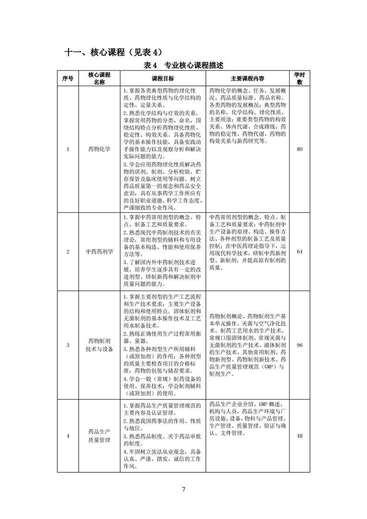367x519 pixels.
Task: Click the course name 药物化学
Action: (100, 149)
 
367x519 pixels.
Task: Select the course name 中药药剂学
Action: (100, 252)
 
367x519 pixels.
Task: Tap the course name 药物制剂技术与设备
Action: (100, 345)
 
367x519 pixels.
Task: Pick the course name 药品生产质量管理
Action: (100, 436)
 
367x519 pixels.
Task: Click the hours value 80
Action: (299, 149)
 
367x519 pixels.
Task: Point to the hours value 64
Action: (299, 252)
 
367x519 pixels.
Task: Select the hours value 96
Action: (299, 345)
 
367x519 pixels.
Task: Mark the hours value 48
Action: (299, 436)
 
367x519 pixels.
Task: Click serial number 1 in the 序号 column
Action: (68, 149)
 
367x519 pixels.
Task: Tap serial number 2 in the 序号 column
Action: (68, 252)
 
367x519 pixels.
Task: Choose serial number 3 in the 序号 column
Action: (68, 345)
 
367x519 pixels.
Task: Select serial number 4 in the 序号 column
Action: (68, 436)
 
